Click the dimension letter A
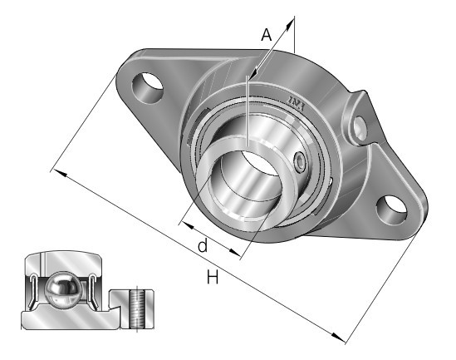(267, 35)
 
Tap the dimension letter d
(203, 245)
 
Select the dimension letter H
(213, 277)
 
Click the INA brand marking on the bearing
(297, 104)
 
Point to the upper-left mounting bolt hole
(147, 87)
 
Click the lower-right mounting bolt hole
(392, 210)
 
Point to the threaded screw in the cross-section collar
(137, 309)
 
